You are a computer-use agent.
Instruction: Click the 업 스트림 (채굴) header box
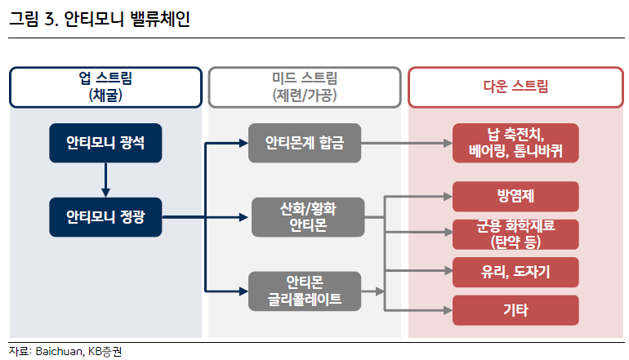(105, 87)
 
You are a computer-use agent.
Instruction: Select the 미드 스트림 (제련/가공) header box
(305, 87)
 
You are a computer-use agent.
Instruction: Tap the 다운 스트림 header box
(515, 87)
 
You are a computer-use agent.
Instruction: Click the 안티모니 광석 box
(105, 144)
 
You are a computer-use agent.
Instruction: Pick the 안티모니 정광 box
(105, 217)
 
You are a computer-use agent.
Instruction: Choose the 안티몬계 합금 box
(305, 144)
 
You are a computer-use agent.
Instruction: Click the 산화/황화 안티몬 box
(305, 217)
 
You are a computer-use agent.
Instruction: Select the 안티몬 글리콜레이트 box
(305, 291)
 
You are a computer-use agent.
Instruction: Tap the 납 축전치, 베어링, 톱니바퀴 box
(515, 144)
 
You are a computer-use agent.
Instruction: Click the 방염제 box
(515, 197)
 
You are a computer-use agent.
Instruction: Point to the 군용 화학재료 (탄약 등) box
(515, 233)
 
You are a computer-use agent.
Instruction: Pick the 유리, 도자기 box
(515, 271)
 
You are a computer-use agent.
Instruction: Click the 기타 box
(515, 310)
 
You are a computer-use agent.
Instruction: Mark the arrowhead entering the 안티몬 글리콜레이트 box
(243, 291)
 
